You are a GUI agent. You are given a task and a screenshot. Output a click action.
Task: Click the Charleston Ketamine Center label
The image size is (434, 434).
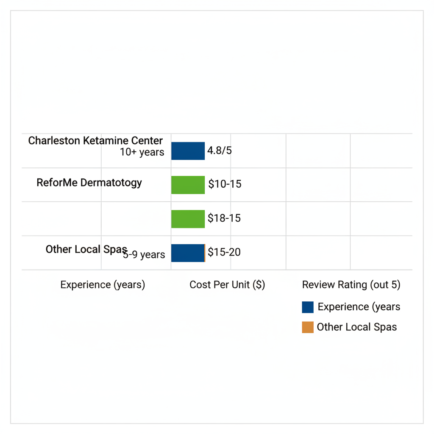[x=95, y=141]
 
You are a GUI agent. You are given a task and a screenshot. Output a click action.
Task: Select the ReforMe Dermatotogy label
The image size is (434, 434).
[x=89, y=183]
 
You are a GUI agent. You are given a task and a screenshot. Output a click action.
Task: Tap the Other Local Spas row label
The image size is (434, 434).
[x=86, y=249]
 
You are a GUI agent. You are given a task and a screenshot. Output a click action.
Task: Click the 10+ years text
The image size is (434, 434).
[x=142, y=152]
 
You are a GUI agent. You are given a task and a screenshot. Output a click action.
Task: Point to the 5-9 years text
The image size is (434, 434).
[x=144, y=255]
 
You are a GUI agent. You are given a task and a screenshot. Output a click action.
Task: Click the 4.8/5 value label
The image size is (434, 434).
[x=219, y=150]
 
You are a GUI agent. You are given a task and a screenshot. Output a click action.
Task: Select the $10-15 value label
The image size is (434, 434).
[x=225, y=184]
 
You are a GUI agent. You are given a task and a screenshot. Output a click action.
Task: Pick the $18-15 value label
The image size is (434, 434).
[x=224, y=218]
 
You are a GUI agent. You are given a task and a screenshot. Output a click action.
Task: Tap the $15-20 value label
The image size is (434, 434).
[x=224, y=252]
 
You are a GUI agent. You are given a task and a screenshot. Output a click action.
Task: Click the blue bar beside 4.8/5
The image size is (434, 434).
[x=188, y=151]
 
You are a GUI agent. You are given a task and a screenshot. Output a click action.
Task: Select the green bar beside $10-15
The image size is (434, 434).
[x=188, y=185]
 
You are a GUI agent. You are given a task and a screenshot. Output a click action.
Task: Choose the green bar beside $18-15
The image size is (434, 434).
[x=188, y=219]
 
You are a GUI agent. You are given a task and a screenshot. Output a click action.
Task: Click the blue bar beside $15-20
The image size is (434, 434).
[x=187, y=253]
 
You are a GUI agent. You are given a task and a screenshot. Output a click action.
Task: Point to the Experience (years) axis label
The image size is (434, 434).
[x=103, y=285]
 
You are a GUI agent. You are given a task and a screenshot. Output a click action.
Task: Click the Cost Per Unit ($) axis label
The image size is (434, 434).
[x=227, y=285]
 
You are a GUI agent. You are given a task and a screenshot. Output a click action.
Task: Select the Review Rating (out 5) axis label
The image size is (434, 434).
[x=351, y=285]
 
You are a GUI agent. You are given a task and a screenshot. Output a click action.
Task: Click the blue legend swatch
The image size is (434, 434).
[x=308, y=307]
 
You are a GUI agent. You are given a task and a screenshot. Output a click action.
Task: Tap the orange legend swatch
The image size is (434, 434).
[x=308, y=327]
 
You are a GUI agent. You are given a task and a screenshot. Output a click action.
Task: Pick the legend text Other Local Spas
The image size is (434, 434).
[x=357, y=327]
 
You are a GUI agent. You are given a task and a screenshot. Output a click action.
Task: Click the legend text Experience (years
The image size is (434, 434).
[x=359, y=307]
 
